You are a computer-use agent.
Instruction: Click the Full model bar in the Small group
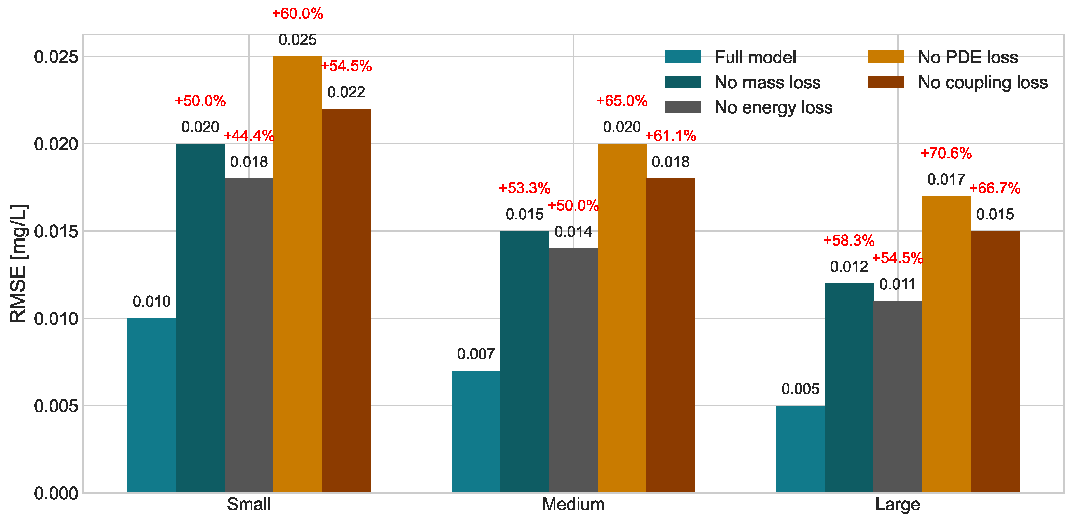point(152,405)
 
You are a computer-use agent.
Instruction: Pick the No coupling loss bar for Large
point(995,362)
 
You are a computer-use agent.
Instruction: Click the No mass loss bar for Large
point(849,388)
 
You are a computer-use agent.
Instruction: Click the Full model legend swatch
point(682,57)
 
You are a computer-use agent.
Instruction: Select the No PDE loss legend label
point(968,57)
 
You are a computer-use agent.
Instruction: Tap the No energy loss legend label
point(773,107)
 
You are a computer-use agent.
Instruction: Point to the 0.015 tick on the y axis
point(56,231)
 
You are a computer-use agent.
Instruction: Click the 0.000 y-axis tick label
point(56,493)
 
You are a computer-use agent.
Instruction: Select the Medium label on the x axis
point(573,505)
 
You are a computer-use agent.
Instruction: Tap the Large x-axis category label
point(898,505)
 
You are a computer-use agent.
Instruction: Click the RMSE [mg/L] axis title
point(18,264)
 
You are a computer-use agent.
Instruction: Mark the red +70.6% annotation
point(946,153)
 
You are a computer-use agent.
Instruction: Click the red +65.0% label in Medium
point(622,101)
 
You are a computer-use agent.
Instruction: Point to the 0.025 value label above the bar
point(298,40)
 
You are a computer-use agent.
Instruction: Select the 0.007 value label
point(476,354)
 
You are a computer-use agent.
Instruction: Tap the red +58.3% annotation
point(849,241)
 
